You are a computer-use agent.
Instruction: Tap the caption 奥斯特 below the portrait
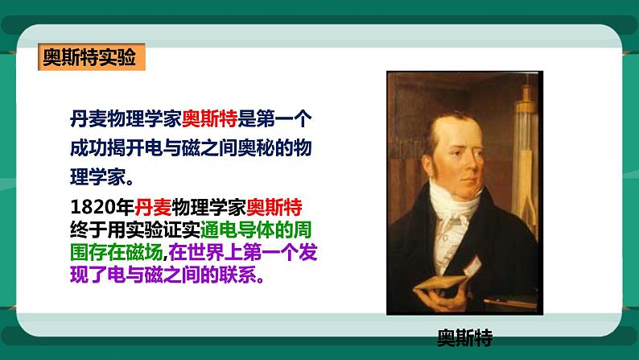[464, 335]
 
